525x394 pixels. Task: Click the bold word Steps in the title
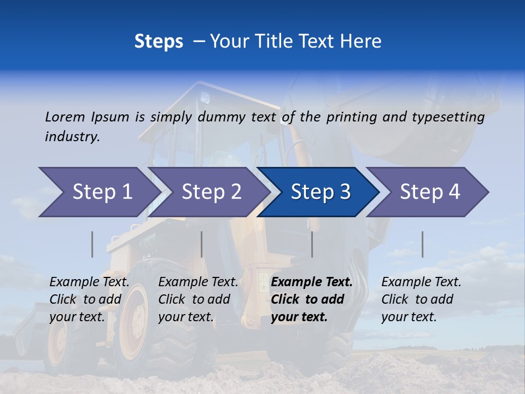point(159,42)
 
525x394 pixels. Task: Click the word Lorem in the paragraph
point(65,117)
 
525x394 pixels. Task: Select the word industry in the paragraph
point(72,137)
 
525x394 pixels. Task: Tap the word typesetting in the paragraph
point(450,117)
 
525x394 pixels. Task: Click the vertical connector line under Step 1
point(92,244)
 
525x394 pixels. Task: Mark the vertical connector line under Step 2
point(202,244)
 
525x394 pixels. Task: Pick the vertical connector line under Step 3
point(312,244)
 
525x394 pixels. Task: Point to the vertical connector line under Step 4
point(422,244)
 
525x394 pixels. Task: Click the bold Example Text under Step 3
point(312,282)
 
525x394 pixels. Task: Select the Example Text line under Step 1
point(89,282)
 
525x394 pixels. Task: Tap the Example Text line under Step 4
point(421,282)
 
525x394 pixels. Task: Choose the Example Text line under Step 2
point(198,282)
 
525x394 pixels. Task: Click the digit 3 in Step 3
point(345,192)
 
